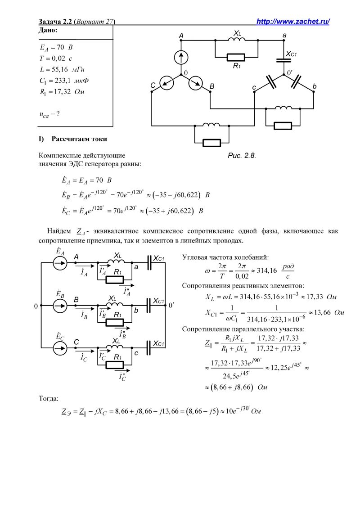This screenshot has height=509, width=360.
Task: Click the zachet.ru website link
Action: coord(293,22)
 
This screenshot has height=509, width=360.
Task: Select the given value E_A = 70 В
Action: coord(56,47)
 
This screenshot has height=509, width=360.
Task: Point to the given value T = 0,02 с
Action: coord(56,58)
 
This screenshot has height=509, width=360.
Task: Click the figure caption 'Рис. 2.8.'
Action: coord(242,156)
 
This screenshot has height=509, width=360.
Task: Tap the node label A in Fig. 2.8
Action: coord(181,35)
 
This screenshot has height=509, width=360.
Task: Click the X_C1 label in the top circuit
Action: coord(293,54)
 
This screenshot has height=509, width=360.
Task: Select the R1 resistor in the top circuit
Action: coord(236,57)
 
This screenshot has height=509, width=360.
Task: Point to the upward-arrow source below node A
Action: coord(181,57)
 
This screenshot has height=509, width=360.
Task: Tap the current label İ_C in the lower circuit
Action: coord(84,358)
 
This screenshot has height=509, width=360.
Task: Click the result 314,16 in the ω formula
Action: coord(265,270)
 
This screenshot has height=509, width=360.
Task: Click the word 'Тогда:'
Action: coord(49,398)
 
